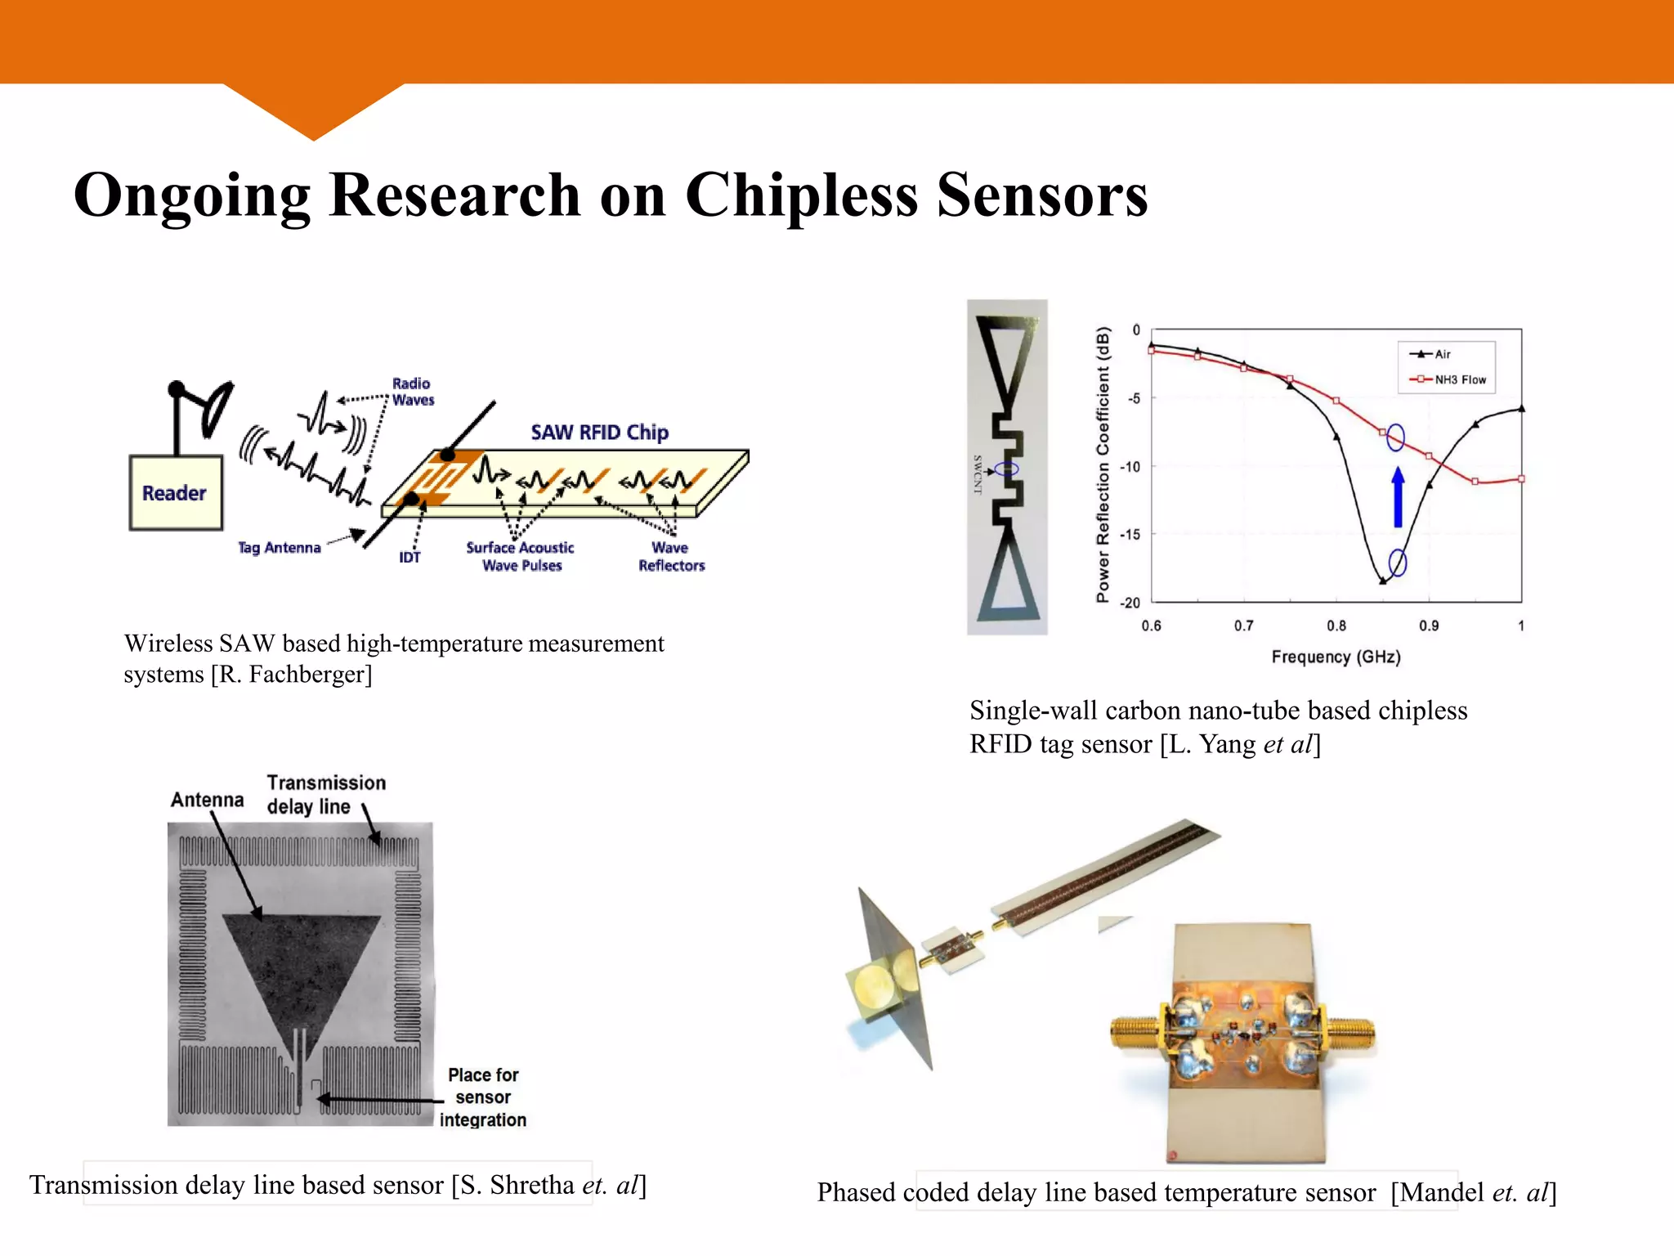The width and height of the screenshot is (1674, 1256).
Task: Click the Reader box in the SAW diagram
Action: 175,493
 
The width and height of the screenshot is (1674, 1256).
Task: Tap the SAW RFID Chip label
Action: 599,433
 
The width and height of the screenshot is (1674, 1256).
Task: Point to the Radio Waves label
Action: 413,392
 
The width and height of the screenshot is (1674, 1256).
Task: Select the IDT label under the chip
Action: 410,558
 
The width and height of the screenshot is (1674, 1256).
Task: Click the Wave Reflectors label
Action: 671,557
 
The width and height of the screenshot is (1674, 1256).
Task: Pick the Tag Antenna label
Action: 279,548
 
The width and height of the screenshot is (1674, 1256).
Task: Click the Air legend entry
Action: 1442,354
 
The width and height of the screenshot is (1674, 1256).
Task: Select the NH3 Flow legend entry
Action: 1459,379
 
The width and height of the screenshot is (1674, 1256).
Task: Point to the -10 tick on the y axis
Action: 1130,467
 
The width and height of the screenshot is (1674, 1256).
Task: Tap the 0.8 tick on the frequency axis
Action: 1336,626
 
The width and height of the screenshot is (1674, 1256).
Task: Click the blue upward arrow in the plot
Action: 1398,497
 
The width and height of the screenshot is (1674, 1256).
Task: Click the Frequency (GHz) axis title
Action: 1336,657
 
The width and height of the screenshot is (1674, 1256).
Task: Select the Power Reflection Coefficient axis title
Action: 1103,464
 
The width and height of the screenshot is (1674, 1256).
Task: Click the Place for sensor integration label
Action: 483,1097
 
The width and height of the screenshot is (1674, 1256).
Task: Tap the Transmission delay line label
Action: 326,795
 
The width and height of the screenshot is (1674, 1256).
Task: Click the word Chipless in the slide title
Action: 801,195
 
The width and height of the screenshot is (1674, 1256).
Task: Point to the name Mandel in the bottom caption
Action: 1441,1193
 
